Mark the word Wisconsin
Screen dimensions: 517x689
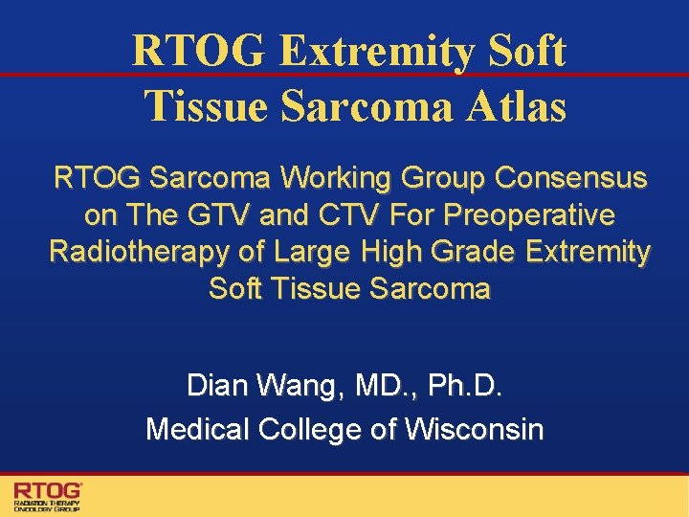(475, 429)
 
